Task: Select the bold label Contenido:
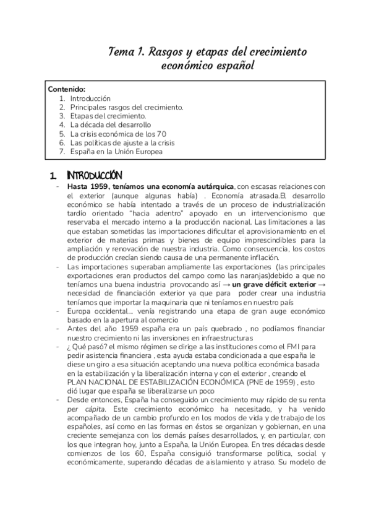click(67, 89)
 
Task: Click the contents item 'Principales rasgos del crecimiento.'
click(126, 107)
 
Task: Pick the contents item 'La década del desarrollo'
click(110, 124)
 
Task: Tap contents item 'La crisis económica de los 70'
click(117, 134)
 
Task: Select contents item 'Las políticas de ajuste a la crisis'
click(123, 142)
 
